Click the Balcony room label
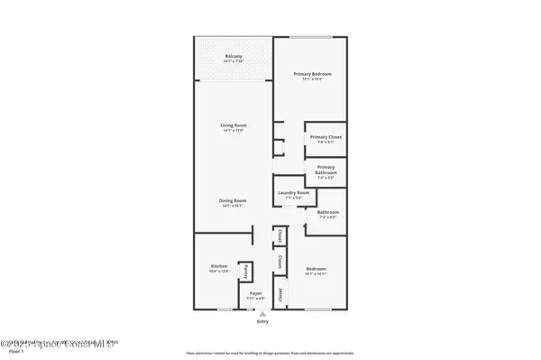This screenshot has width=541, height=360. pos(233,57)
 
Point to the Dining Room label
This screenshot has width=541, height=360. pos(234,200)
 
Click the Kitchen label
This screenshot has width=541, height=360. pos(220,266)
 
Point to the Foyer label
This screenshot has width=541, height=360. pos(255,293)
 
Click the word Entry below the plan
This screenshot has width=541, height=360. pos(262,321)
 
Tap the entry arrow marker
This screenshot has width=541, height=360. pos(262,313)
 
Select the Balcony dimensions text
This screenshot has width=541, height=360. pos(233,62)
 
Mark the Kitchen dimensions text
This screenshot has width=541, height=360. pos(220,272)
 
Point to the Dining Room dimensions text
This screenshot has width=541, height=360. pos(234,206)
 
